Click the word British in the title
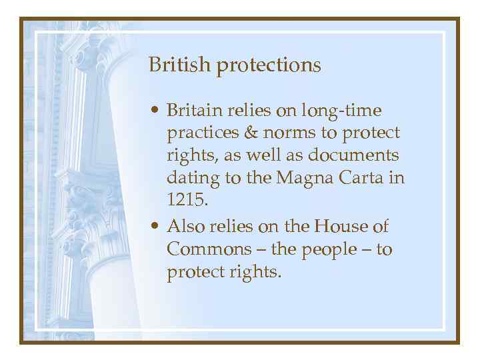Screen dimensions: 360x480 click(x=171, y=65)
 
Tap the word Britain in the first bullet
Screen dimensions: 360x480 click(x=193, y=109)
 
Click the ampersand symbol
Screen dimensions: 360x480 click(x=250, y=133)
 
